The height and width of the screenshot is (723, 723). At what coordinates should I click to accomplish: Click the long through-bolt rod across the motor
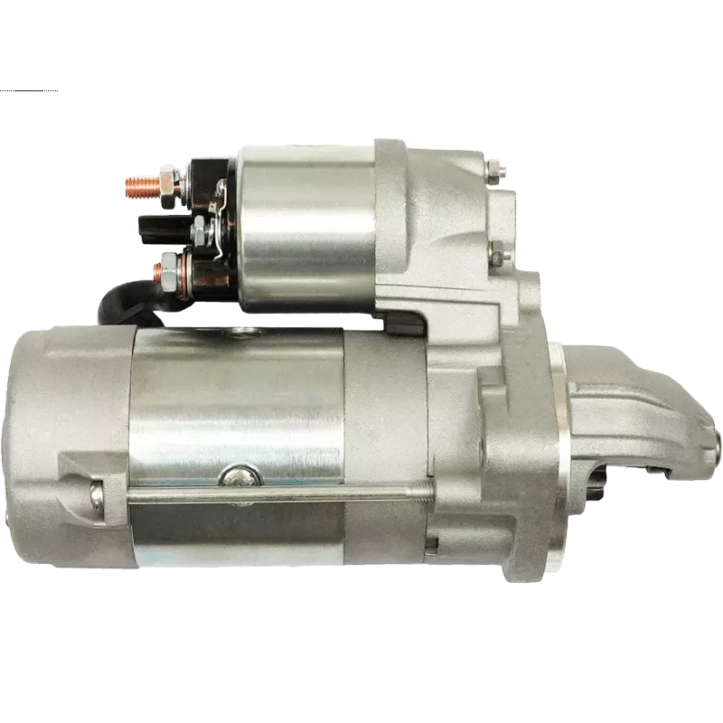click(x=271, y=494)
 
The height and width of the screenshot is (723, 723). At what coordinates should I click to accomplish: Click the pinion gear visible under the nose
click(x=596, y=489)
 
